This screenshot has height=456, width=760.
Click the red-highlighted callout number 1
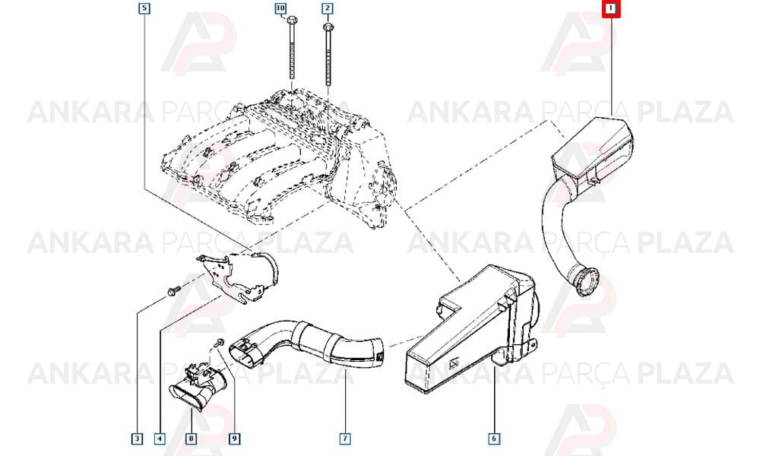click(611, 8)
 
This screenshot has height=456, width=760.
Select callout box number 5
click(144, 8)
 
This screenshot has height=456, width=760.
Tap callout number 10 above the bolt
click(280, 8)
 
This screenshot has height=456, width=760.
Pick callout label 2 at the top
click(327, 8)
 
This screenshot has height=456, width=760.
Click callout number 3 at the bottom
click(138, 439)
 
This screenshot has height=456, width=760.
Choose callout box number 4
click(160, 439)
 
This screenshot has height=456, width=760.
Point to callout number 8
click(192, 439)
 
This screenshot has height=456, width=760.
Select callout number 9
click(234, 439)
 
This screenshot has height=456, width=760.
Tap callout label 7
click(344, 439)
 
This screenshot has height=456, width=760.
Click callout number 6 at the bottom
click(494, 439)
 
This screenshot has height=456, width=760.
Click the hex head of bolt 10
click(292, 21)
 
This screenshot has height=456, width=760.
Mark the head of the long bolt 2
click(328, 27)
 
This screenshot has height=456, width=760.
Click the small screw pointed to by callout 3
click(173, 291)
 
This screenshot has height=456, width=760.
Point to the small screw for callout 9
click(217, 343)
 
